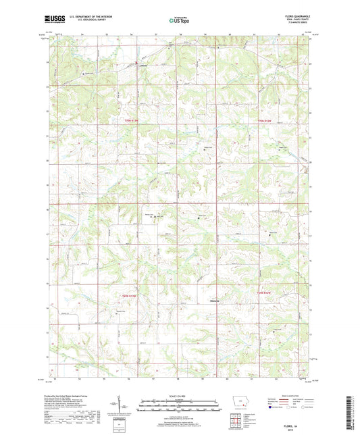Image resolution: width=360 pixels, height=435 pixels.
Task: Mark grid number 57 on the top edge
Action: point(156,33)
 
